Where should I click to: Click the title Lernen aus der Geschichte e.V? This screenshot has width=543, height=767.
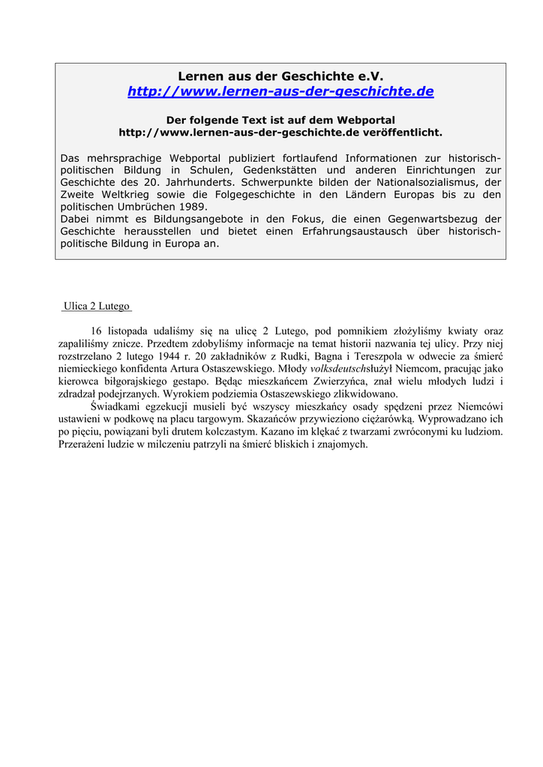tap(280, 76)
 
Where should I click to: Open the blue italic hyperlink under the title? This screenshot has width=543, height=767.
tap(280, 91)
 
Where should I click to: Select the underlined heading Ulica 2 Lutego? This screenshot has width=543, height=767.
tap(97, 306)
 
